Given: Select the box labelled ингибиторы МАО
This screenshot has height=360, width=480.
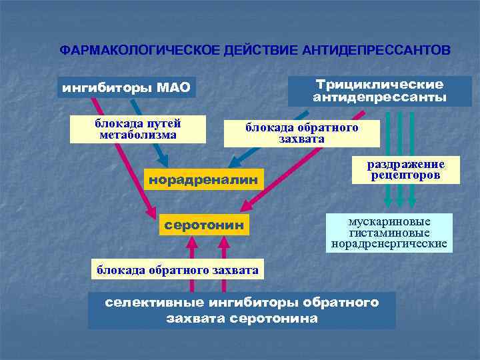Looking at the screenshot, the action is point(126,87).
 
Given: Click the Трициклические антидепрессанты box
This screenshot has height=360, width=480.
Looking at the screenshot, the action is point(379,91).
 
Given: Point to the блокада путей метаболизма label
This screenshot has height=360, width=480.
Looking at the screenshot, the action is point(137,129).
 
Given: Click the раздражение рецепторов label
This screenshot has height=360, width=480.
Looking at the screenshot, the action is point(406,169).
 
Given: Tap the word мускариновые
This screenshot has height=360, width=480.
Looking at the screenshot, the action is point(389,222).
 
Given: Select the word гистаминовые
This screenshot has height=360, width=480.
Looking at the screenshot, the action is point(389,233).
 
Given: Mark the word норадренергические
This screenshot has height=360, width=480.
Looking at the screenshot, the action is point(389,244).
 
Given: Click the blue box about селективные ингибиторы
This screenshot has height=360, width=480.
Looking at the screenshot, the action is point(241,310).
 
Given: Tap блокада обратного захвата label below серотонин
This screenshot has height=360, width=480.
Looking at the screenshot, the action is point(178,269).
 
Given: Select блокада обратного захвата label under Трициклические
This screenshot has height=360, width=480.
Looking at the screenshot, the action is point(301,133).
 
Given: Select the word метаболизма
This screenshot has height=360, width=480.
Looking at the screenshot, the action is point(137,135).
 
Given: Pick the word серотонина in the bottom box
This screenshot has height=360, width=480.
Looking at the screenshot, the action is point(273,318).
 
